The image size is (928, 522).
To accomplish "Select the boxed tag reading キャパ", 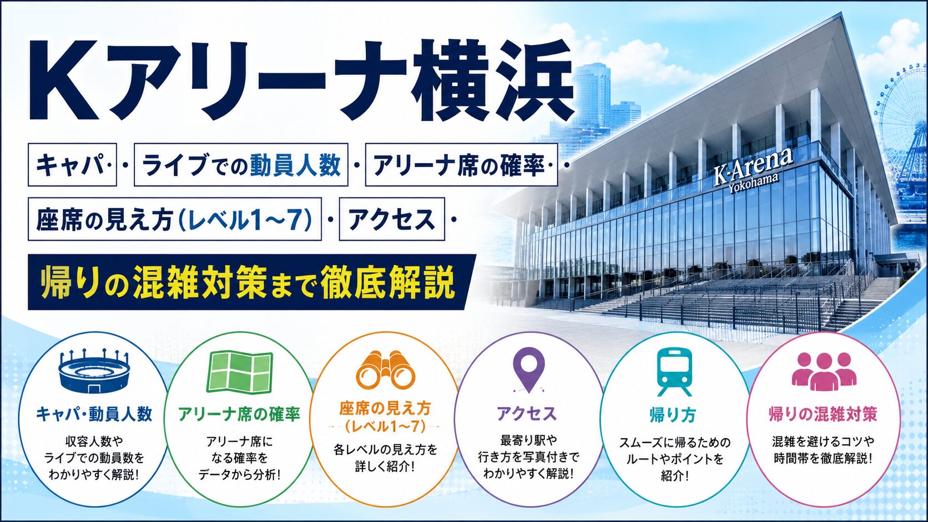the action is [72, 165].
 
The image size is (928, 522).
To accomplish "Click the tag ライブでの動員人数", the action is [241, 165].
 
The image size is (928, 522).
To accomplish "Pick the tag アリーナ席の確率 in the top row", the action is [461, 165].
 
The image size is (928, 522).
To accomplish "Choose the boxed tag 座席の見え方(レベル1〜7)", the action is [174, 219].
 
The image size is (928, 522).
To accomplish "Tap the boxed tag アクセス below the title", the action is [391, 219].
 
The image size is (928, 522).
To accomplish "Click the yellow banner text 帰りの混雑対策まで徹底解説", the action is [248, 282].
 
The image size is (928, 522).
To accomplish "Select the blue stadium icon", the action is [94, 371].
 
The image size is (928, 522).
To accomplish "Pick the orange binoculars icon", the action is [385, 370].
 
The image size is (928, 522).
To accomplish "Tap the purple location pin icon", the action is [528, 369].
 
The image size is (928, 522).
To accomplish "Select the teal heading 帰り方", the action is [673, 415].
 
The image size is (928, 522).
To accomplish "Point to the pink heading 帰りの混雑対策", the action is [823, 414].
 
